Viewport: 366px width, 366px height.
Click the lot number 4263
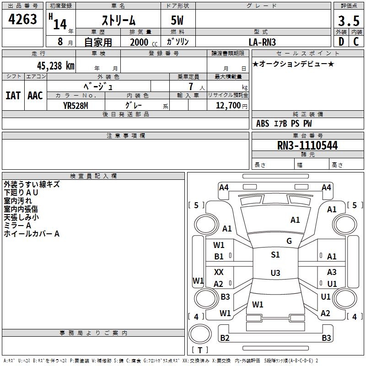coord(23,20)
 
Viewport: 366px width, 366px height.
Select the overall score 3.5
coord(348,21)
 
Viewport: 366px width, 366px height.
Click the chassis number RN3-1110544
coord(307,145)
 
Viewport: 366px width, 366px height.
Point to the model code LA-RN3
coord(262,42)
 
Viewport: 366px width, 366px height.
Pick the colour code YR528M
coord(75,106)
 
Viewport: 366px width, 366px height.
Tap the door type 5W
coord(178,21)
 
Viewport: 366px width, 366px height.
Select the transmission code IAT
coord(13,96)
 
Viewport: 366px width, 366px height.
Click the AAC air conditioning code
coord(35,96)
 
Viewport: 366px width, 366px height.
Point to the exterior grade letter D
coord(341,42)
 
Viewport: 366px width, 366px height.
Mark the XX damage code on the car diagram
coord(219,272)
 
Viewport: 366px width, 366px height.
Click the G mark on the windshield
coord(289,241)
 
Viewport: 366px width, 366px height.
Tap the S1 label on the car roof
coord(275,255)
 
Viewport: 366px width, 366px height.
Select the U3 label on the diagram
coord(275,273)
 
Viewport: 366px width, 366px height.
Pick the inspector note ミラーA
coord(17,226)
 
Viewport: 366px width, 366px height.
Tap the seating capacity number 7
coord(190,86)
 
